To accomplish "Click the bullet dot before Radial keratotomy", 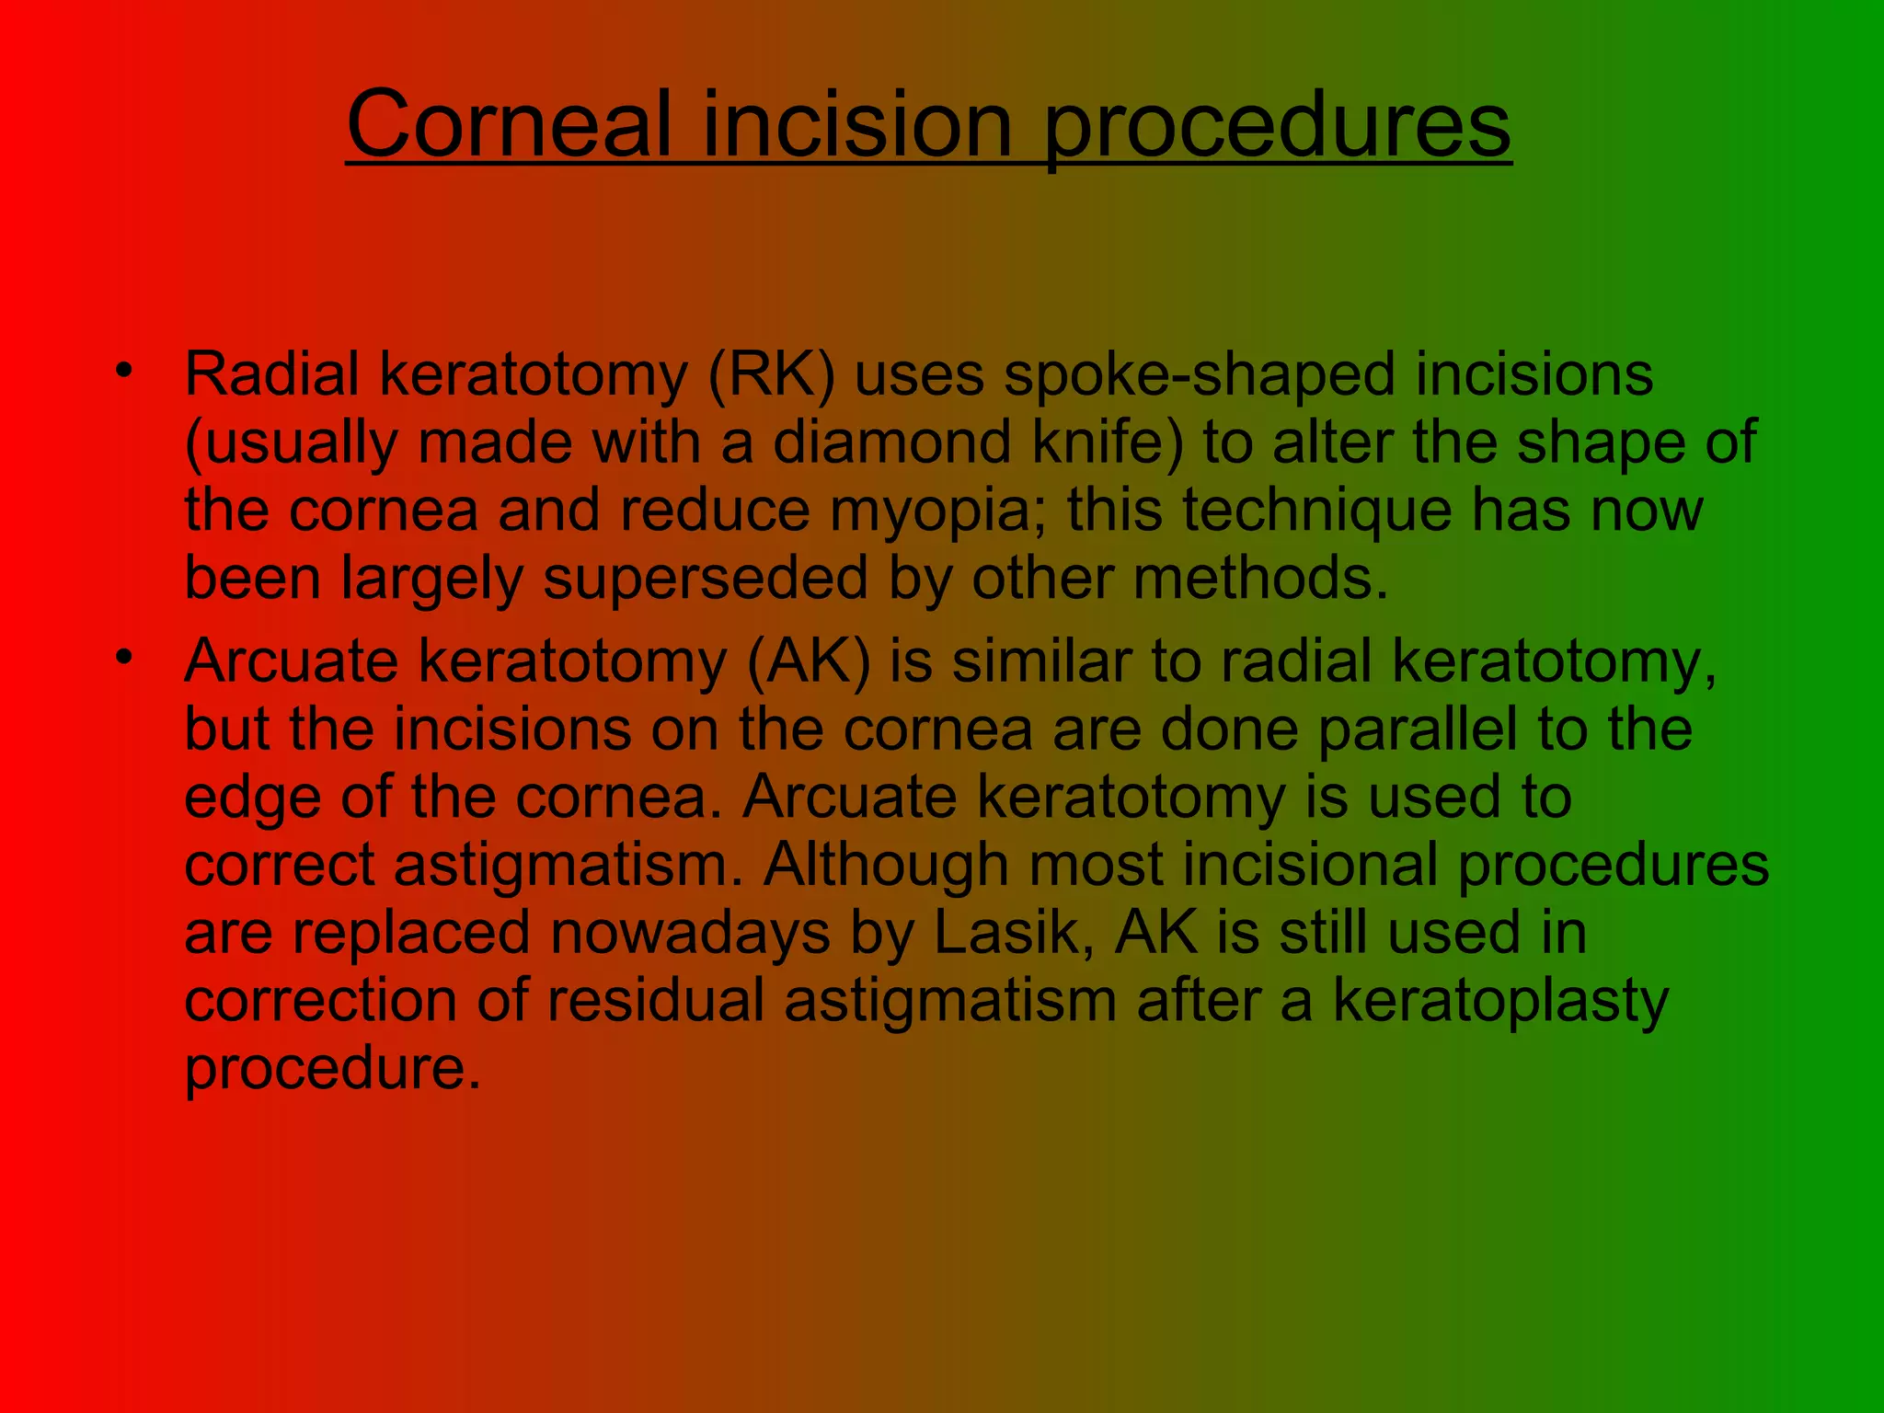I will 124,372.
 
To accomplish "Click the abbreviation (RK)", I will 771,375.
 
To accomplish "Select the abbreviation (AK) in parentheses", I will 808,662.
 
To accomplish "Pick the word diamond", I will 891,442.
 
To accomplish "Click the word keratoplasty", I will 1500,1003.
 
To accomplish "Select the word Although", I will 885,866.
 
